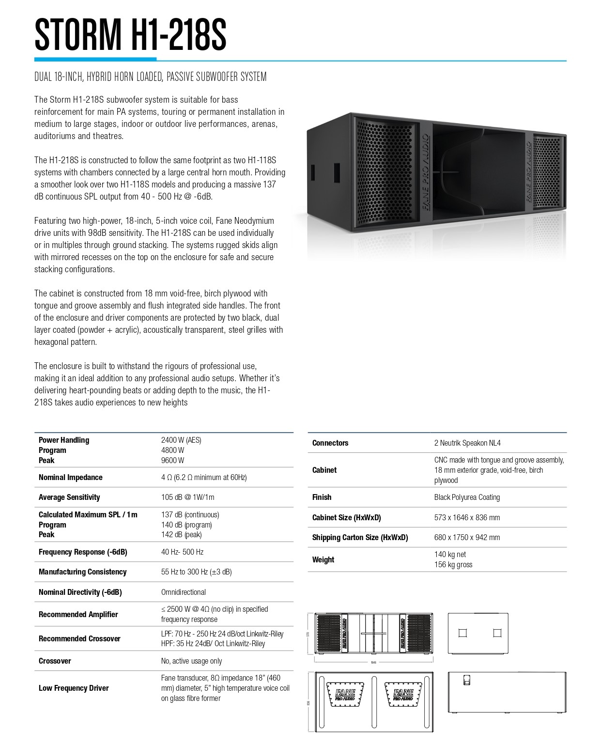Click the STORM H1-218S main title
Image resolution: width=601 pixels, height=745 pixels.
click(x=130, y=35)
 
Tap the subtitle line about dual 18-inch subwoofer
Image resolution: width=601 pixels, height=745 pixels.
click(x=150, y=77)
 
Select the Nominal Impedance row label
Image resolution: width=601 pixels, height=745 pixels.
click(x=71, y=478)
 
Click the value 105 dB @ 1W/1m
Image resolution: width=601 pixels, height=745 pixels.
click(x=188, y=497)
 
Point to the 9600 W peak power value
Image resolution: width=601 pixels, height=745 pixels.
click(x=172, y=461)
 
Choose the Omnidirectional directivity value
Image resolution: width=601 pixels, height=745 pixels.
click(x=184, y=592)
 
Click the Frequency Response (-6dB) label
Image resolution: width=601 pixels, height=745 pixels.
click(x=83, y=552)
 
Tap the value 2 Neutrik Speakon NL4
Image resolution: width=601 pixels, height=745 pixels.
click(x=467, y=443)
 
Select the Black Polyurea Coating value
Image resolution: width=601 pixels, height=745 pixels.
click(x=467, y=497)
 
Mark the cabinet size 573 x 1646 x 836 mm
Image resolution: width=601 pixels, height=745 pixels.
click(x=467, y=518)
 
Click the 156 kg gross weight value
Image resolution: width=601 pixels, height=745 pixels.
click(x=453, y=565)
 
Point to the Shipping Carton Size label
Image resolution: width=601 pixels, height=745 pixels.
click(x=360, y=538)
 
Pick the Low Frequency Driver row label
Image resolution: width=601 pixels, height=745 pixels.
click(x=74, y=688)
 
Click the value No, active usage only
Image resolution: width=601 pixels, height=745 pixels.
click(x=192, y=661)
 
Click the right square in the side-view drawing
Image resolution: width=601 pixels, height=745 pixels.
click(x=497, y=633)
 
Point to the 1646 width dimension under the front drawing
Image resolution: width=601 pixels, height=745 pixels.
click(x=373, y=662)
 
